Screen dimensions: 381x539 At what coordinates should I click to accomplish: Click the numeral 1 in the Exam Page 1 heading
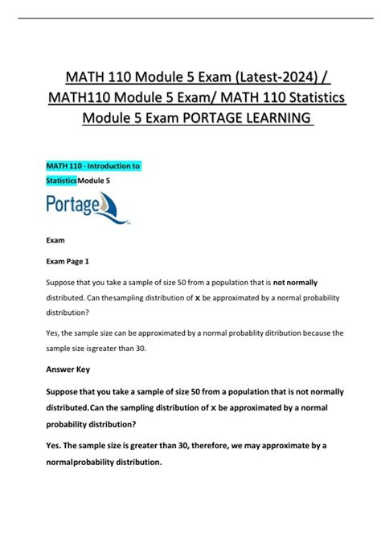tap(87, 261)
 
